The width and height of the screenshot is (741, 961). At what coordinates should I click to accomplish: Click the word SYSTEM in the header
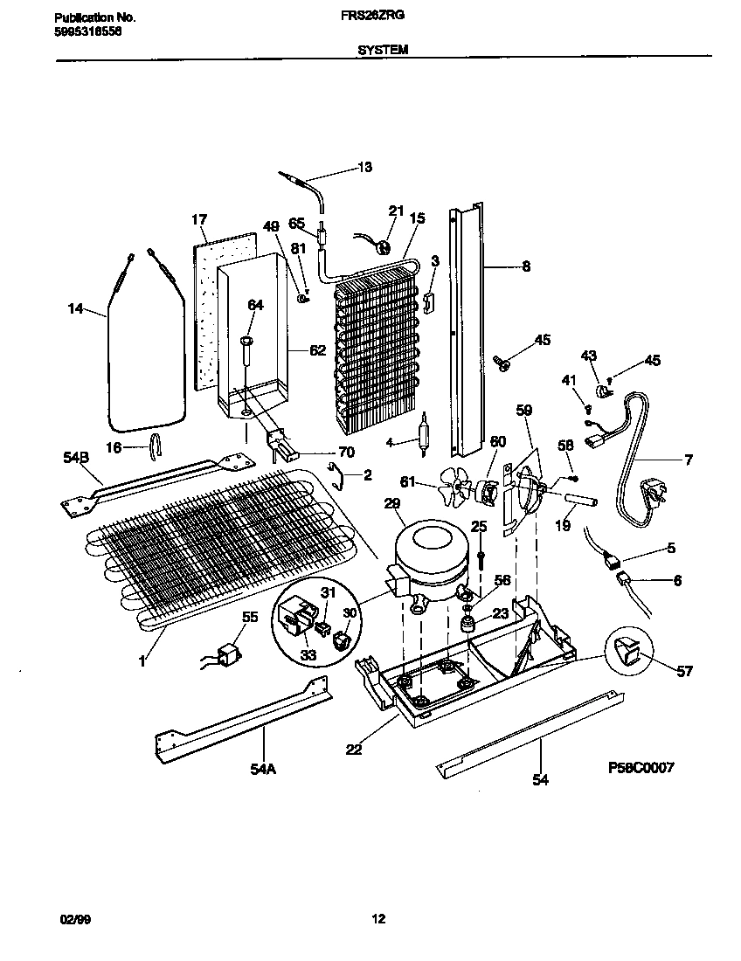(382, 51)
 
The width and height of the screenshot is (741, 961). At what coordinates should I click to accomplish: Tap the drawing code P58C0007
(641, 768)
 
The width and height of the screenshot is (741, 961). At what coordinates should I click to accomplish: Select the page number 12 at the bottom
(377, 919)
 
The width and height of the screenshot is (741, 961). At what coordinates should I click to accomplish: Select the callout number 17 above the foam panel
(199, 219)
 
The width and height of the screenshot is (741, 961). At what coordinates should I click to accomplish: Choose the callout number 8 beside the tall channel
(525, 267)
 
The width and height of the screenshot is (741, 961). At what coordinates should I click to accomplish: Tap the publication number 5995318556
(87, 30)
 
